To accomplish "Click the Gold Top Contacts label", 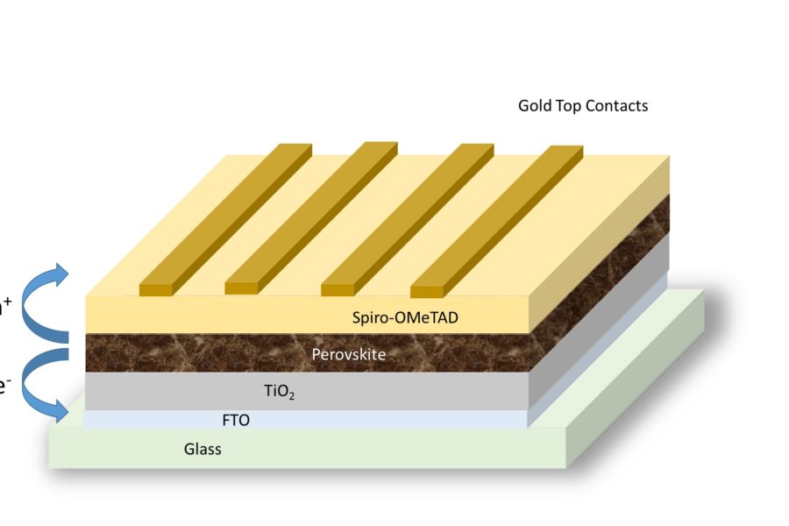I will click(583, 106).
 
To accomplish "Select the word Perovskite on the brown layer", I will click(348, 355).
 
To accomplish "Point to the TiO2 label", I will click(279, 392).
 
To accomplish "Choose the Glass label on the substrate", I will click(203, 450).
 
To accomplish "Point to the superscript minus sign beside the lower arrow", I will click(6, 383).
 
